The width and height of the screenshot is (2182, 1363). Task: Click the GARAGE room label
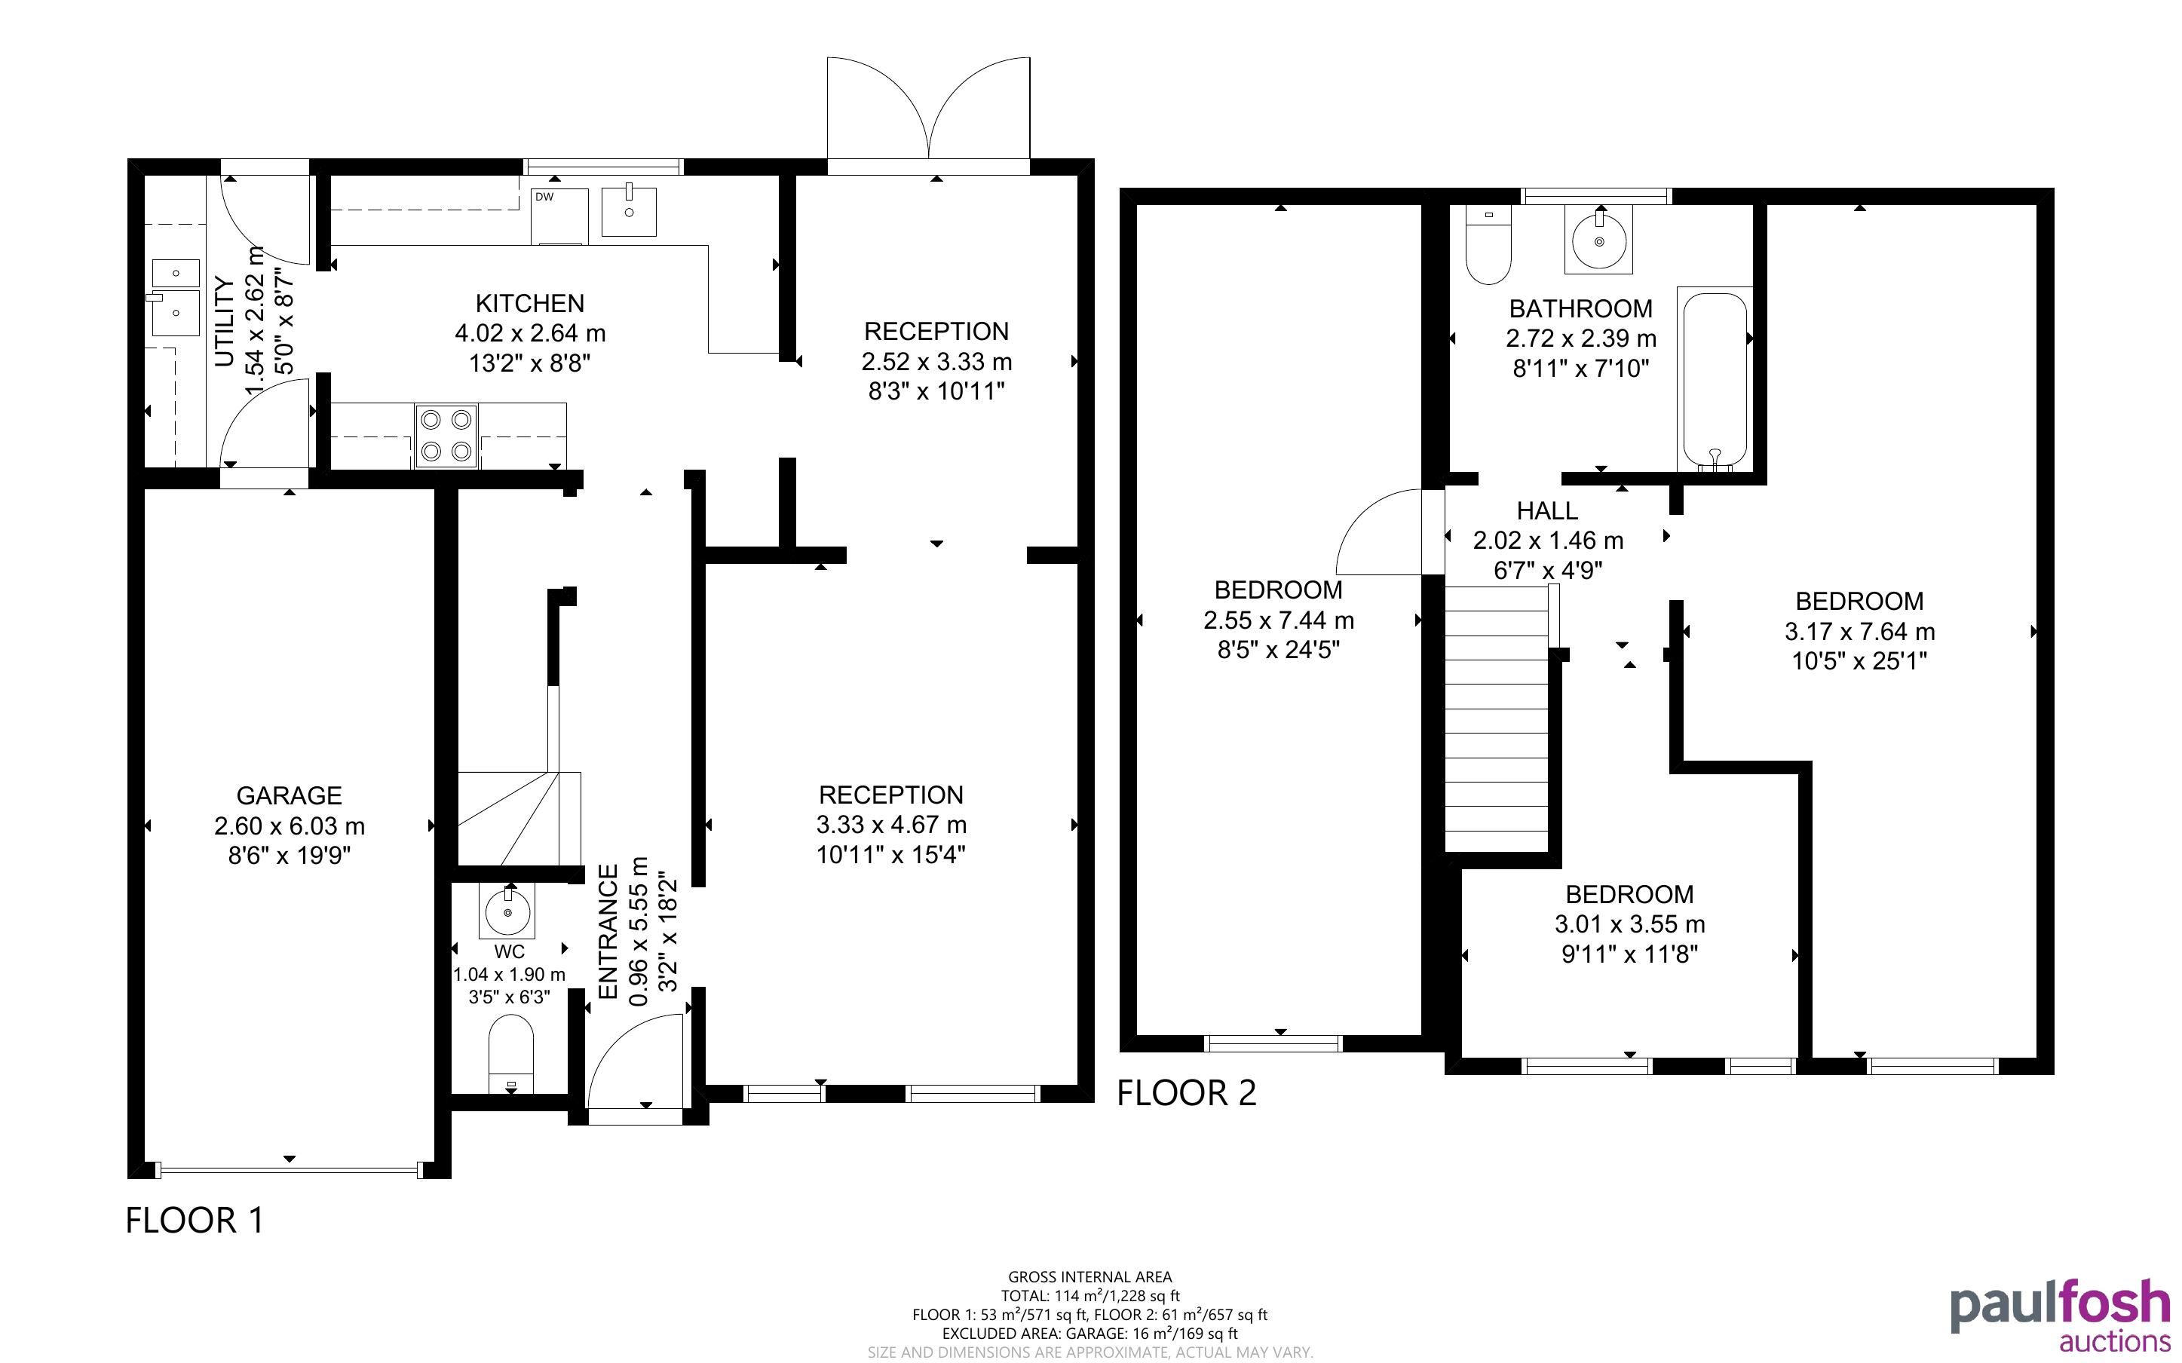point(290,795)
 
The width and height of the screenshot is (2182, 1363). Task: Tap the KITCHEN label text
point(530,303)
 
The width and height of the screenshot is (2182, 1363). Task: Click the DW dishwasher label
point(544,197)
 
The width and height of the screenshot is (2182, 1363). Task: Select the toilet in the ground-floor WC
point(511,1054)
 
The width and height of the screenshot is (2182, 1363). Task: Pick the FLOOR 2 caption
point(1186,1092)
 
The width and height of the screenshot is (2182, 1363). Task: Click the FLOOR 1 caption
point(195,1221)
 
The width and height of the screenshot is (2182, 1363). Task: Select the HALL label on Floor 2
point(1547,510)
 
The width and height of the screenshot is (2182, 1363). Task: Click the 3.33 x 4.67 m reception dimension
point(891,824)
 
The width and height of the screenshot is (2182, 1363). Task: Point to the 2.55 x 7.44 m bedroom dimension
point(1279,620)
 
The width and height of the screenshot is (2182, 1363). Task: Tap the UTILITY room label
point(225,321)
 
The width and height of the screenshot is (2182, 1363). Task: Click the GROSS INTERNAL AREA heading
point(1089,1276)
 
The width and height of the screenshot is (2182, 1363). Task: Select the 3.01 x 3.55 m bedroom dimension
point(1629,924)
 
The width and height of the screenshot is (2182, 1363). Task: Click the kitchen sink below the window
point(629,211)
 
